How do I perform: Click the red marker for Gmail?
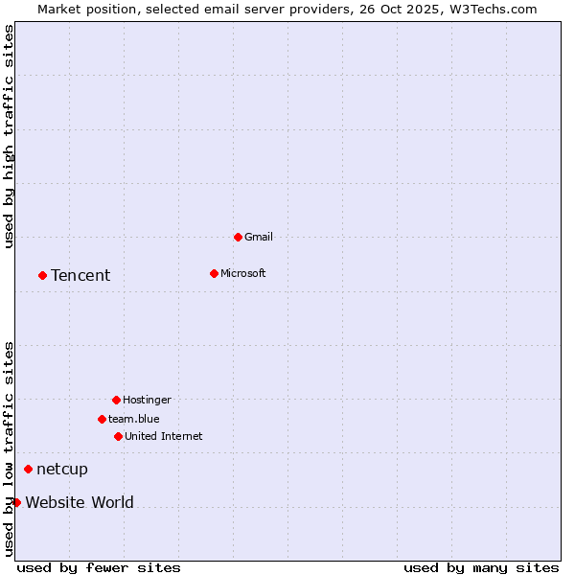coord(238,237)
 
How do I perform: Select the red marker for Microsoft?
coord(214,273)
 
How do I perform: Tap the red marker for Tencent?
coord(42,275)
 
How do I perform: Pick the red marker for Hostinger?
coord(116,400)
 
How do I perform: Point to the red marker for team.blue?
coord(102,419)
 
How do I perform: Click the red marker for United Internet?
coord(118,436)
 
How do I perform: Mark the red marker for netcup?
coord(28,469)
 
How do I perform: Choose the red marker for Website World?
coord(16,502)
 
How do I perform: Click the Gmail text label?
coord(259,237)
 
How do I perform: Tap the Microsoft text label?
coord(243,273)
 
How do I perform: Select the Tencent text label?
coord(80,275)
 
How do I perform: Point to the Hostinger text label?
coord(147,400)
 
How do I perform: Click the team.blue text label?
coord(134,419)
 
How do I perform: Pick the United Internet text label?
coord(164,436)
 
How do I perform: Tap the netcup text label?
coord(62,469)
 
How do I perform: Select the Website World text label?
coord(80,502)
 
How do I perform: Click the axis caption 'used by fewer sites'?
coord(99,567)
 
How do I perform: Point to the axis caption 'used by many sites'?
coord(481,567)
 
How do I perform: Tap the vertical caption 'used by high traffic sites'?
coord(9,136)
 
